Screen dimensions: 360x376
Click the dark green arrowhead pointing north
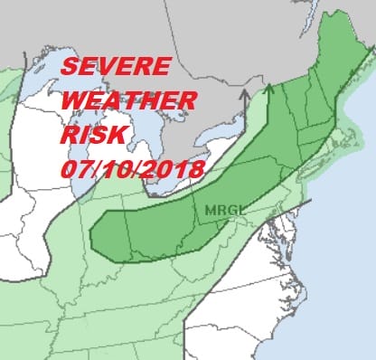click(x=268, y=89)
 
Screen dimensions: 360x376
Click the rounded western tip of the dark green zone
click(x=94, y=230)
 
